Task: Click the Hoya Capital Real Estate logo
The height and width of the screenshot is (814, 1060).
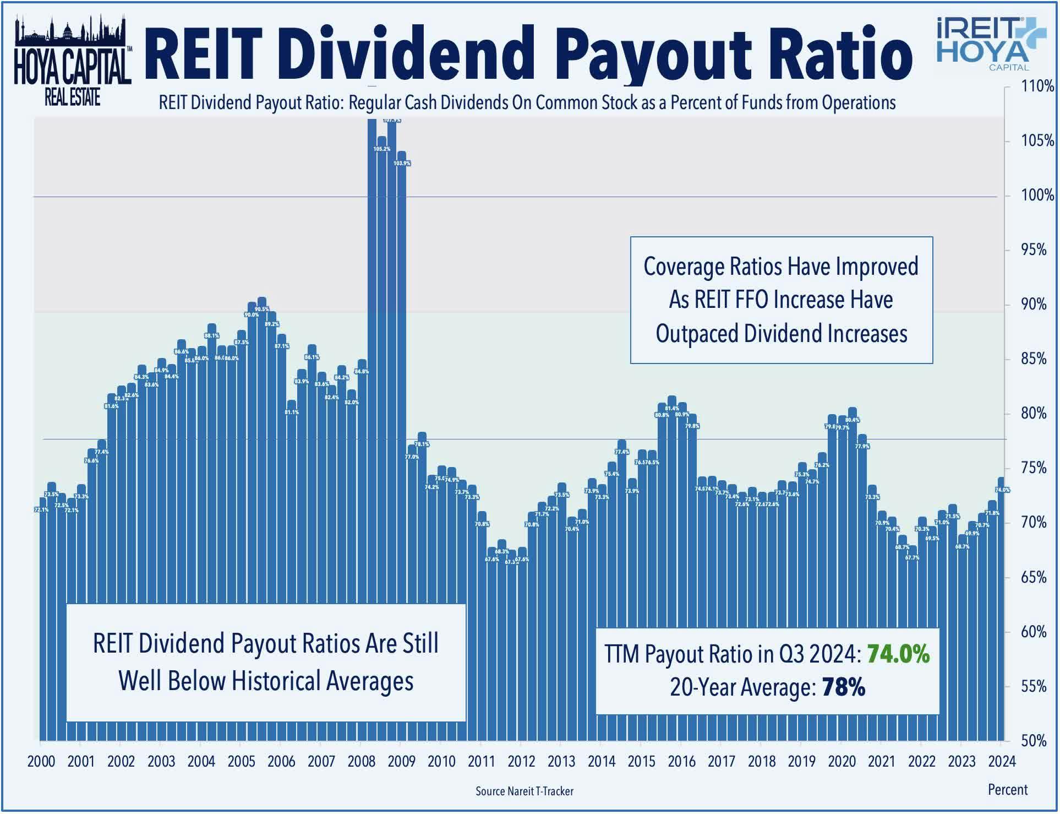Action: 72,61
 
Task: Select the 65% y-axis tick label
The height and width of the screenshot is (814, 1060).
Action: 1033,577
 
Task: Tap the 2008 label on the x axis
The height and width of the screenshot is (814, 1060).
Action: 361,762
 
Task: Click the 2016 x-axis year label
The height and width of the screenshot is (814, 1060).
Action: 681,762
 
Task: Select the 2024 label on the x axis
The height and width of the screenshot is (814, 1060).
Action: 1002,762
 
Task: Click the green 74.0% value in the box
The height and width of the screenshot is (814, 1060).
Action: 898,654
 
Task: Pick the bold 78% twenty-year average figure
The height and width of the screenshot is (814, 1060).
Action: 843,687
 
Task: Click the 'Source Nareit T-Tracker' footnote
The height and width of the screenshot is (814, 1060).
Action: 524,791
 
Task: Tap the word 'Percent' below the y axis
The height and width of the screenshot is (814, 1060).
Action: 1008,790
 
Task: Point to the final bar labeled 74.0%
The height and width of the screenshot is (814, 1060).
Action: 1001,606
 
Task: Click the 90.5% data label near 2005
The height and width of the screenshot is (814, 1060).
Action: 262,310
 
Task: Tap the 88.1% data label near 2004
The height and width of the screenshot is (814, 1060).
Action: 212,335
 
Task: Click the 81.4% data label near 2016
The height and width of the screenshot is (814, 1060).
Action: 671,408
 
